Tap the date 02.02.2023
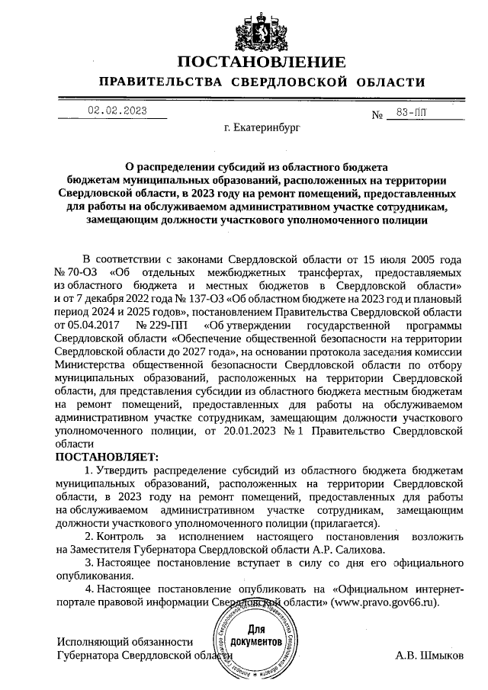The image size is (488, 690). [117, 111]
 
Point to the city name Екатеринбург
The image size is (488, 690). [262, 131]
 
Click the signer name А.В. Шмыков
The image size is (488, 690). [429, 656]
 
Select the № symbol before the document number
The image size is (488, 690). [375, 116]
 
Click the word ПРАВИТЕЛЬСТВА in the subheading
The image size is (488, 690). [161, 82]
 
